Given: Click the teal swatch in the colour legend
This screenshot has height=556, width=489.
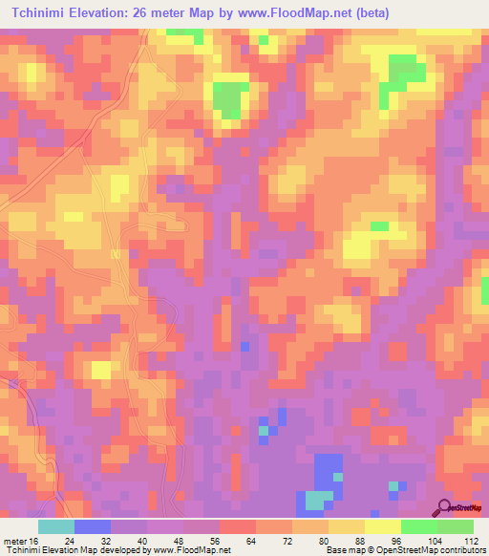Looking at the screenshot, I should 56,526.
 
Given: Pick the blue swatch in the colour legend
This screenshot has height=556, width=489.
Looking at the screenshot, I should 93,526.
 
